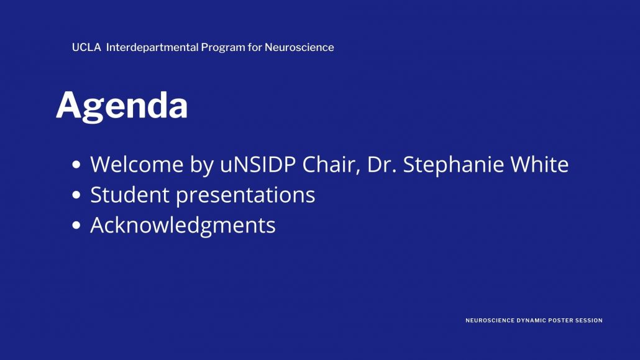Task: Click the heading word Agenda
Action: tap(122, 106)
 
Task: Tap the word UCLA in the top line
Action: tap(86, 47)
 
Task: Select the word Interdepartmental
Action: tap(152, 47)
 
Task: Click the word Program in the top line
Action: tap(223, 48)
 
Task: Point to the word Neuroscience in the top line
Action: tap(299, 47)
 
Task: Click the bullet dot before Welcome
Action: tap(76, 165)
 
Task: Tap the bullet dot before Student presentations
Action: tap(76, 195)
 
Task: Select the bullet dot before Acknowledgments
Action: tap(76, 225)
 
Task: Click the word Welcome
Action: tap(137, 164)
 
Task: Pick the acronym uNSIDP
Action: tap(258, 164)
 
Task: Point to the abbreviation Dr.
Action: tap(382, 165)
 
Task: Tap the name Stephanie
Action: tap(453, 165)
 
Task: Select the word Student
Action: tap(130, 195)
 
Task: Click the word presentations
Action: tap(245, 195)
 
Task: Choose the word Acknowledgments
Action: tap(183, 226)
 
